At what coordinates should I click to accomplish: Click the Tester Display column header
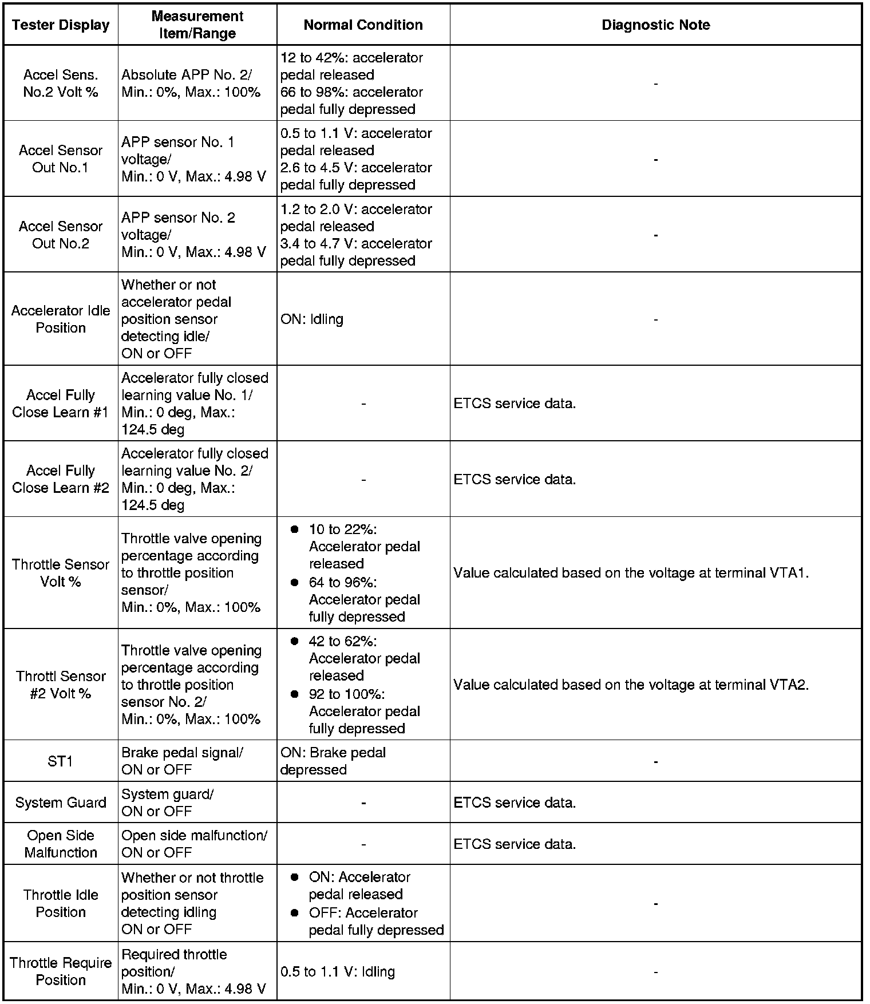pyautogui.click(x=61, y=25)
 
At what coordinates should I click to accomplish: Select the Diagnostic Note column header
pyautogui.click(x=655, y=25)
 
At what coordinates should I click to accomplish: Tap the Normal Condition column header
pyautogui.click(x=363, y=25)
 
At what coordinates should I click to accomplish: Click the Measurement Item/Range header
pyautogui.click(x=197, y=25)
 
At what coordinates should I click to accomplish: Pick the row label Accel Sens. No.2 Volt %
pyautogui.click(x=61, y=83)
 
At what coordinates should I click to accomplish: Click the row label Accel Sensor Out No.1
pyautogui.click(x=61, y=159)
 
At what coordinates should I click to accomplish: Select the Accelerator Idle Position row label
pyautogui.click(x=61, y=319)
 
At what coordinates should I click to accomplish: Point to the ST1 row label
pyautogui.click(x=61, y=761)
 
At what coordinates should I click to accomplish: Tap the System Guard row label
pyautogui.click(x=61, y=803)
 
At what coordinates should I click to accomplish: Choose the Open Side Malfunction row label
pyautogui.click(x=61, y=844)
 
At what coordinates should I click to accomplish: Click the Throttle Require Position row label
pyautogui.click(x=61, y=971)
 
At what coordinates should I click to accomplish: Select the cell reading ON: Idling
pyautogui.click(x=312, y=319)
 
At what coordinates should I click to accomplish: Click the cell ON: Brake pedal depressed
pyautogui.click(x=333, y=761)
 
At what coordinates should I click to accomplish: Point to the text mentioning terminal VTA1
pyautogui.click(x=631, y=572)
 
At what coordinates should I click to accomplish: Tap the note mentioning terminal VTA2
pyautogui.click(x=631, y=685)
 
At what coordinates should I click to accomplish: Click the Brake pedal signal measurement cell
pyautogui.click(x=181, y=761)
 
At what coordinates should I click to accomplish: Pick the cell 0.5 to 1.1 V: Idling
pyautogui.click(x=338, y=971)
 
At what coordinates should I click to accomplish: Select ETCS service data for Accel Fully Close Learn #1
pyautogui.click(x=515, y=404)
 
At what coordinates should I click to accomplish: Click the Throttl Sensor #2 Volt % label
pyautogui.click(x=61, y=685)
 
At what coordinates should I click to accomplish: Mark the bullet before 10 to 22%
pyautogui.click(x=295, y=529)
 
